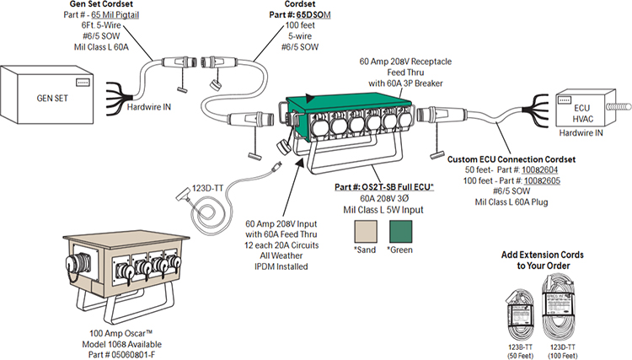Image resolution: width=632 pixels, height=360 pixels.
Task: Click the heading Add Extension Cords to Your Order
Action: coord(544,260)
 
